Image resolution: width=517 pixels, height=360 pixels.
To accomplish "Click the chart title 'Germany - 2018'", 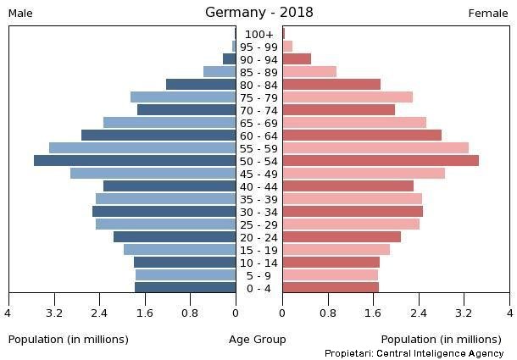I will point(258,12).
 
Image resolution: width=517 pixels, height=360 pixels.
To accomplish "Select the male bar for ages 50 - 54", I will point(135,161).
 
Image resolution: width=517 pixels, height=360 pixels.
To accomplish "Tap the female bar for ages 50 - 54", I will point(381,161).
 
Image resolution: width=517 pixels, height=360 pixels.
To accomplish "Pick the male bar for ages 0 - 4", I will point(185,288).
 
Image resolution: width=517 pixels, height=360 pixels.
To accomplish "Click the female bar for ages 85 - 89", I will point(309,72).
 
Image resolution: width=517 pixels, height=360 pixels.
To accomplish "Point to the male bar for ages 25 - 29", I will point(166,224).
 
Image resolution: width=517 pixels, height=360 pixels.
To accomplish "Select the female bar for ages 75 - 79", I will point(347,97).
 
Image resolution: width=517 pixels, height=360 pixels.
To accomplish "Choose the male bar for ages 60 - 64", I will point(158,136).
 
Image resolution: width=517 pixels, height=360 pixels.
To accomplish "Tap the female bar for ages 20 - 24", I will point(342,237).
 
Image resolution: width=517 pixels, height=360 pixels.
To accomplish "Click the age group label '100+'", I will point(258,34).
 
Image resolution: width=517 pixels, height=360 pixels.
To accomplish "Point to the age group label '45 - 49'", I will point(258,174).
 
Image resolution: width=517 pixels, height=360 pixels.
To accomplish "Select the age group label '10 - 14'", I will point(258,263).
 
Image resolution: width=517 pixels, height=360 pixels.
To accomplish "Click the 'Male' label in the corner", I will point(20,13).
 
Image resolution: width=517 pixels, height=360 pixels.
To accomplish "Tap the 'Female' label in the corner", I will point(488,13).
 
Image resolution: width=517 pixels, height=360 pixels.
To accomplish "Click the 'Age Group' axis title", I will point(258,339).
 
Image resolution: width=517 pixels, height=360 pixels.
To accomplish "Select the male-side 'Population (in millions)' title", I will point(69,339).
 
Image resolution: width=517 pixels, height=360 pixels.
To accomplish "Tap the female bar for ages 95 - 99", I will point(287,47).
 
